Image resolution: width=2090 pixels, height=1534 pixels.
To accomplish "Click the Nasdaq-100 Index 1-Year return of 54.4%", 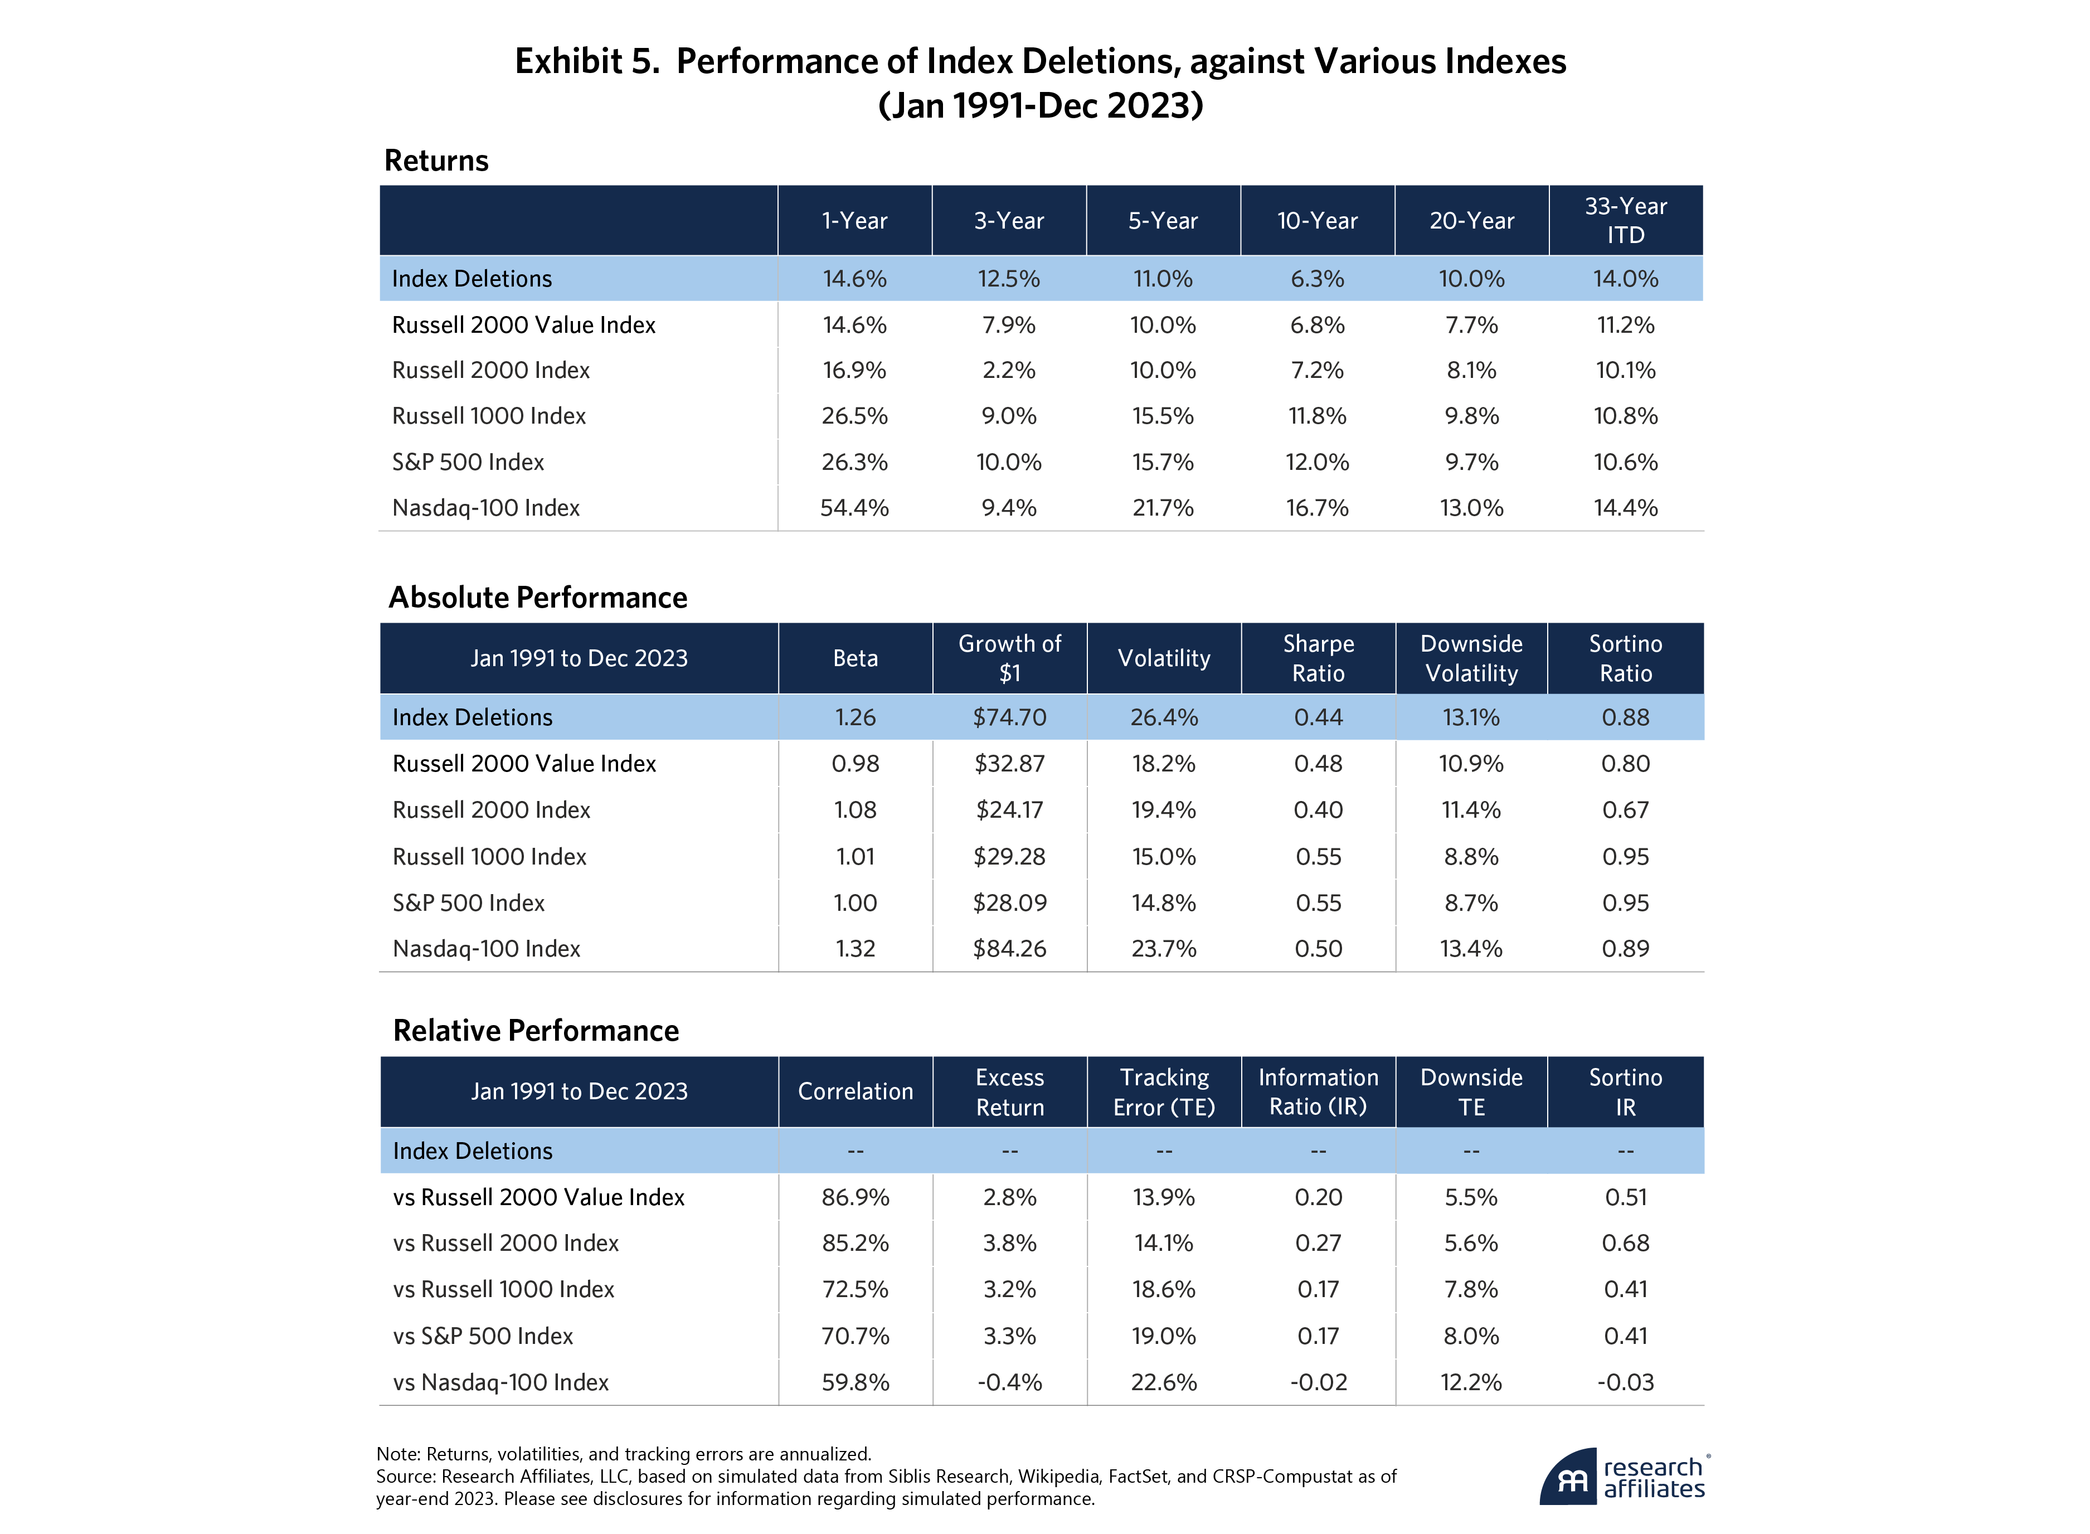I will coord(854,508).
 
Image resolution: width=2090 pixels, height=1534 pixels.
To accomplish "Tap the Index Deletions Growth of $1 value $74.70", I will coord(1009,718).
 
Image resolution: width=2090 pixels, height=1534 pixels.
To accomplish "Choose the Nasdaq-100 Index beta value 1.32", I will coord(854,949).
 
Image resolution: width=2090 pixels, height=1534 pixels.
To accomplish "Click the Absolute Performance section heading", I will coord(538,597).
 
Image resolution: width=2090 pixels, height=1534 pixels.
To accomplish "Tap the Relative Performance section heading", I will coord(536,1031).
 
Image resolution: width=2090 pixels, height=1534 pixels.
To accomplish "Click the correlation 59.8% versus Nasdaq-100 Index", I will coord(854,1382).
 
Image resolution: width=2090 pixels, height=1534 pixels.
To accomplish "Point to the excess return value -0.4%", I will coord(1009,1382).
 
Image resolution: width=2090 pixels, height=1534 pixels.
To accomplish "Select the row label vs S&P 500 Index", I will coord(483,1336).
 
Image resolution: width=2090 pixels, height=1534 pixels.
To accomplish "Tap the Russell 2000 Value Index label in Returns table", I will coord(524,325).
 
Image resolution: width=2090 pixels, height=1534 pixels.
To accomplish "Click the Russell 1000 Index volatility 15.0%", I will coord(1163,857).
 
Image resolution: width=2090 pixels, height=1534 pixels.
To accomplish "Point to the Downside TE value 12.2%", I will coord(1471,1382).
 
